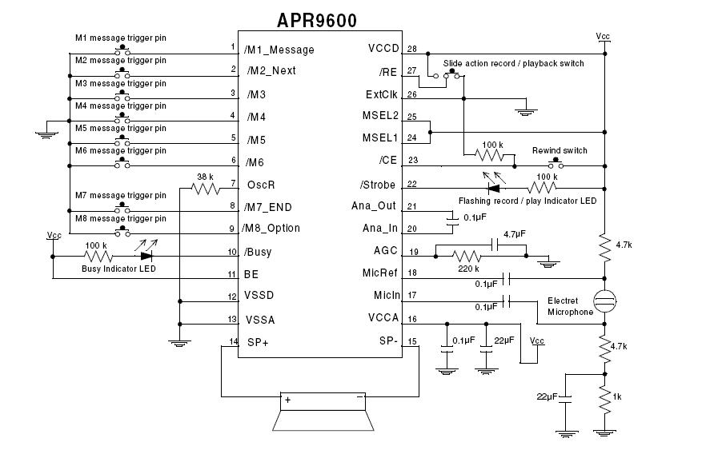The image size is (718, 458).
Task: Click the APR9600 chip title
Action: [x=317, y=19]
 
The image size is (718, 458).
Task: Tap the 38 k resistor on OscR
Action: [x=205, y=189]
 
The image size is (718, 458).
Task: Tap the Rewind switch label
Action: [x=560, y=150]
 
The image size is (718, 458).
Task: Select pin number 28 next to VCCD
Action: [x=412, y=49]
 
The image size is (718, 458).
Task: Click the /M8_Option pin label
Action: [x=272, y=229]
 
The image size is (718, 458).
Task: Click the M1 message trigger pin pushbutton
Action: [x=123, y=49]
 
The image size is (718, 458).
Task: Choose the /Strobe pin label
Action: [x=377, y=185]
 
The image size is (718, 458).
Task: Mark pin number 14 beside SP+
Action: [x=234, y=342]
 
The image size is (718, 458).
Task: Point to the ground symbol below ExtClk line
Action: [x=525, y=111]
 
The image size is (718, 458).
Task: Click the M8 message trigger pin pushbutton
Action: [x=123, y=231]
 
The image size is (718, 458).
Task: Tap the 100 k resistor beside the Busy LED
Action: [x=98, y=257]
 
